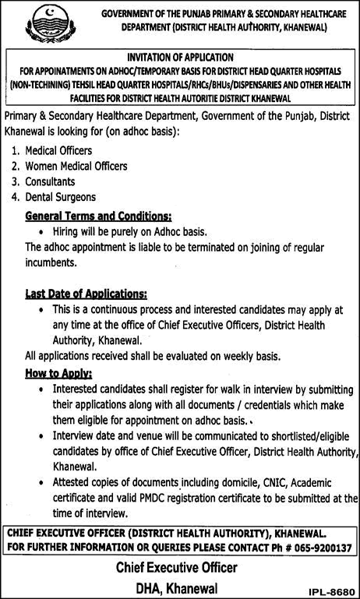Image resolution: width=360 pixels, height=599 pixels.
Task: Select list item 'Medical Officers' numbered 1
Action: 59,150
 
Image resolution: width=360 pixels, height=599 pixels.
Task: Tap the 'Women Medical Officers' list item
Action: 76,166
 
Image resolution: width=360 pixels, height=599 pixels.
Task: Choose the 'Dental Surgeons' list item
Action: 61,198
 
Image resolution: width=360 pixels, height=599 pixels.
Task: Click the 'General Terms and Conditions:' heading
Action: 98,215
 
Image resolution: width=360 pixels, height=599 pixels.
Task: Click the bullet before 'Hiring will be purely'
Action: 40,231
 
